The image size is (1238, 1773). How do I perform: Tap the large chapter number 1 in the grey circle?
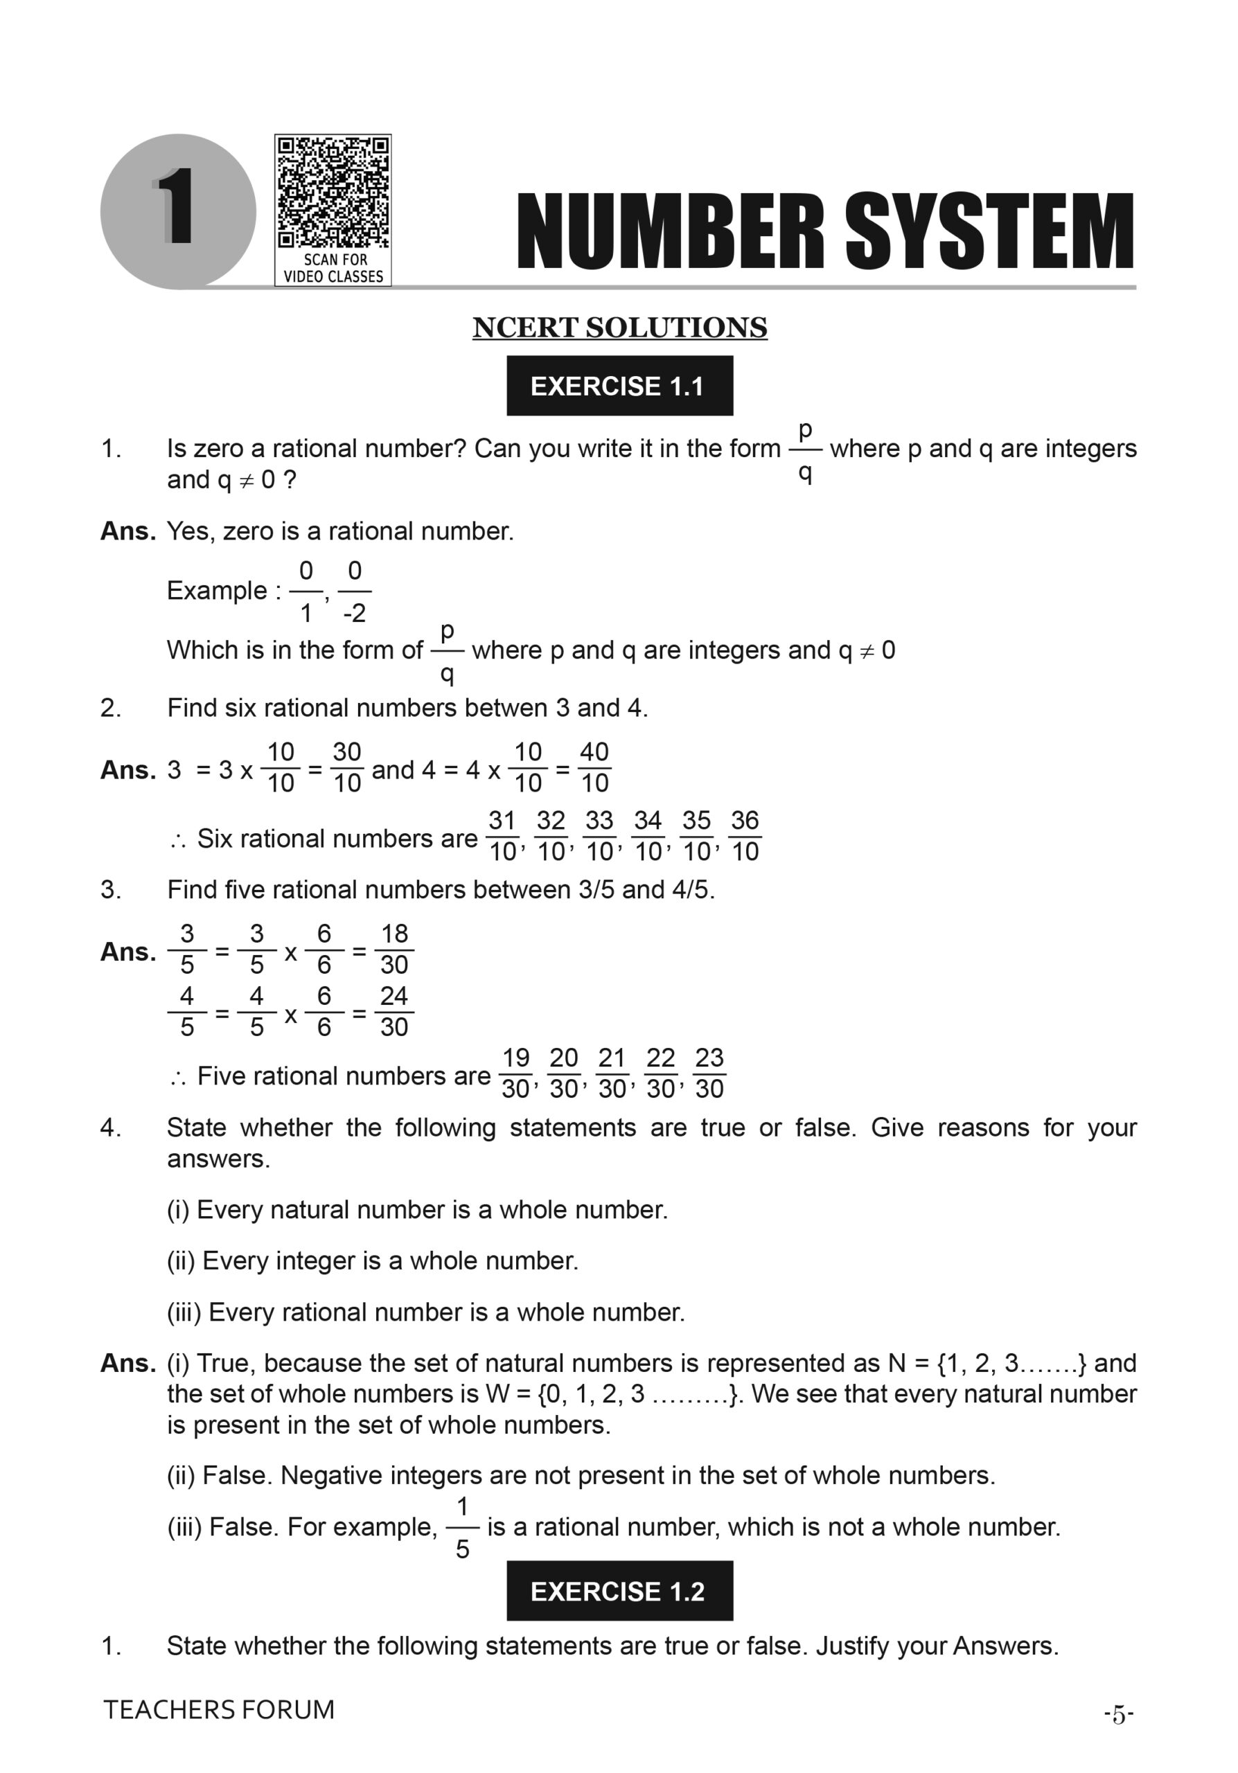point(177,207)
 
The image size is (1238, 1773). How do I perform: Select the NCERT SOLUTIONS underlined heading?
point(619,328)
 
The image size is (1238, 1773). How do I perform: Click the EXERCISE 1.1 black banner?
point(619,385)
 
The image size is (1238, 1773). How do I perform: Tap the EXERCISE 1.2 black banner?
point(619,1592)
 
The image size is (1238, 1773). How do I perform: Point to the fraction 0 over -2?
point(355,591)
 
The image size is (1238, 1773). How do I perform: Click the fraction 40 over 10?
point(594,767)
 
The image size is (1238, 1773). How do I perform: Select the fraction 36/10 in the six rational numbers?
point(745,837)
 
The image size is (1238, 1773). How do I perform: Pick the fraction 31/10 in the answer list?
point(502,837)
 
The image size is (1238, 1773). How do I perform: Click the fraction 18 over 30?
point(394,949)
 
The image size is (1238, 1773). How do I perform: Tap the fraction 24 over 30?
point(394,1012)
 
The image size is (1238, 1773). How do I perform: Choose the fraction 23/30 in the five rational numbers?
point(709,1073)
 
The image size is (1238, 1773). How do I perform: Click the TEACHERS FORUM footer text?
point(218,1710)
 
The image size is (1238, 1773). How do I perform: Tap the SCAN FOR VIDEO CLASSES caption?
point(333,268)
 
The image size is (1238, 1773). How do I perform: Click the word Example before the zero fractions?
point(217,591)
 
